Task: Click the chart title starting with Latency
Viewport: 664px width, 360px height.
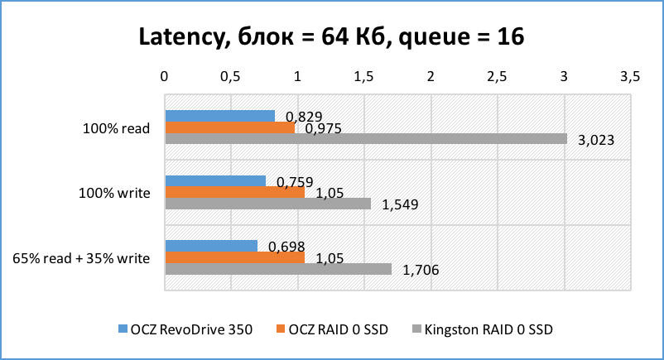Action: pyautogui.click(x=331, y=37)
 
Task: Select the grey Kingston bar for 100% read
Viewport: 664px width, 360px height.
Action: pyautogui.click(x=366, y=139)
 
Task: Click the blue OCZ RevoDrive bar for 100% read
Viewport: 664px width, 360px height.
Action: pyautogui.click(x=219, y=116)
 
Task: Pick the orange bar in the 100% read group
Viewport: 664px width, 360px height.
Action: pyautogui.click(x=229, y=127)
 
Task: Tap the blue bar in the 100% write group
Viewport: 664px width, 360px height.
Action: pyautogui.click(x=215, y=181)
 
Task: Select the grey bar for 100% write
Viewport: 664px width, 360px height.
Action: pyautogui.click(x=268, y=204)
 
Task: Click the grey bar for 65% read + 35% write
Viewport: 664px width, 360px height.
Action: pyautogui.click(x=278, y=269)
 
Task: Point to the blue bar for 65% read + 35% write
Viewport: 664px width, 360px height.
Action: pyautogui.click(x=211, y=246)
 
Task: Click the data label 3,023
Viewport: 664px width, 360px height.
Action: pyautogui.click(x=595, y=140)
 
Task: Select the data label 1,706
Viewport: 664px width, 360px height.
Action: pyautogui.click(x=421, y=270)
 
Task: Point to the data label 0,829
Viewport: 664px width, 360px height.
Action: pyautogui.click(x=303, y=116)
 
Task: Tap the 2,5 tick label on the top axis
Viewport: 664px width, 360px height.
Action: pyautogui.click(x=497, y=76)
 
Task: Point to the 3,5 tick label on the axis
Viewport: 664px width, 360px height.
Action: pyautogui.click(x=629, y=76)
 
